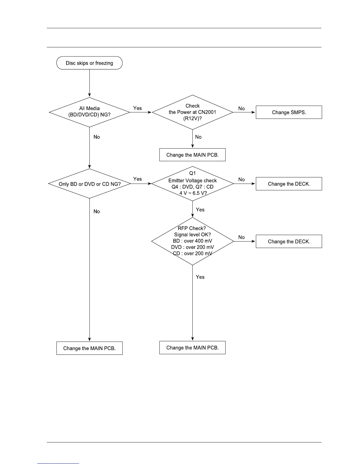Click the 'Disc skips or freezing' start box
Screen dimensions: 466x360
[89, 63]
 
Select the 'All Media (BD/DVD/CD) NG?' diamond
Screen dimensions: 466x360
[89, 112]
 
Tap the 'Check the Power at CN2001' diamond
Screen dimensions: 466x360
[192, 112]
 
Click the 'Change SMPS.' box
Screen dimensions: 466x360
[289, 112]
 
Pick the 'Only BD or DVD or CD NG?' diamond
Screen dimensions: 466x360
[89, 184]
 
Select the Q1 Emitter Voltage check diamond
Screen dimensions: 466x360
[192, 184]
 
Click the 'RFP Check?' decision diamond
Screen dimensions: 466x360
[192, 241]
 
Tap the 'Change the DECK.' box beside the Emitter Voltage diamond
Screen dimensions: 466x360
[289, 184]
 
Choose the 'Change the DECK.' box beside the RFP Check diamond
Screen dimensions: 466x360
[289, 242]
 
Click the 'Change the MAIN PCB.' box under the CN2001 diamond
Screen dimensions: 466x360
[192, 155]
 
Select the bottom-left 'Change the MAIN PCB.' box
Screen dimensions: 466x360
[89, 348]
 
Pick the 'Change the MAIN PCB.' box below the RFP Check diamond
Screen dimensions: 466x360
[192, 348]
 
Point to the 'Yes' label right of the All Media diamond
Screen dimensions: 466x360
[137, 108]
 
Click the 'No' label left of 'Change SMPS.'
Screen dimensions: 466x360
[241, 109]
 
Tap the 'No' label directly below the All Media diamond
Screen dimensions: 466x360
[96, 137]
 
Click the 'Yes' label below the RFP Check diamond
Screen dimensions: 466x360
[200, 277]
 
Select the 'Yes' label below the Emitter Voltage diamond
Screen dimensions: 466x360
[200, 209]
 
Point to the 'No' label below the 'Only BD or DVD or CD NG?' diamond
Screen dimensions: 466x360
[96, 211]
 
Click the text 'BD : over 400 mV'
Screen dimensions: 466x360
[192, 241]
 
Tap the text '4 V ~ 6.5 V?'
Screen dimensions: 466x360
[193, 193]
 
